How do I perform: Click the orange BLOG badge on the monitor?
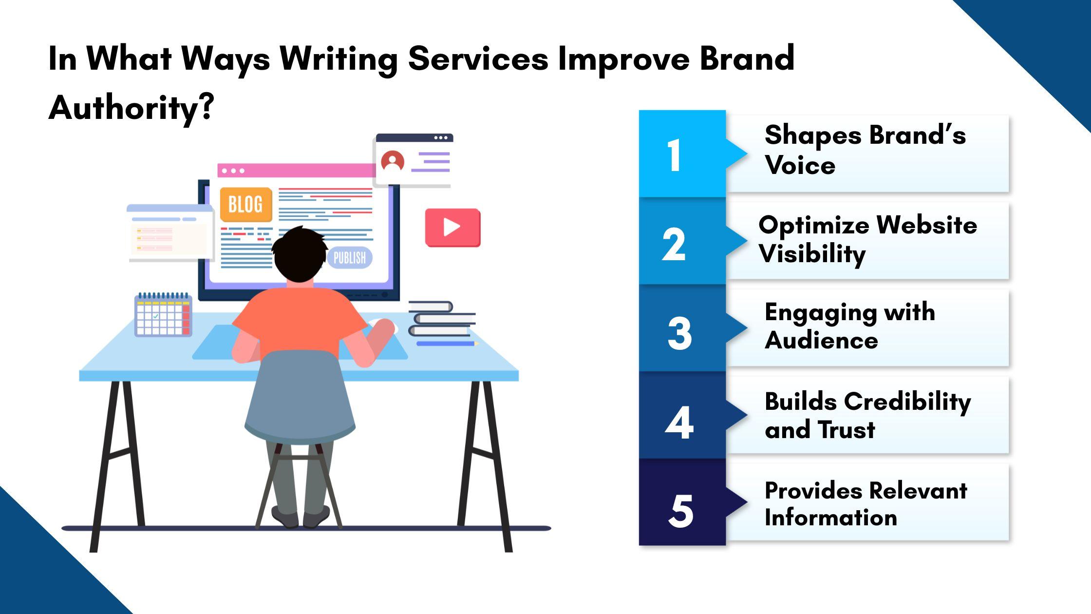pos(246,205)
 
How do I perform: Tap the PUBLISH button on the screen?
pos(350,257)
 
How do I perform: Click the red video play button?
pos(452,228)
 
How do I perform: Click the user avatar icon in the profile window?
pos(393,161)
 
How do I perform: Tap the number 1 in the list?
pos(674,155)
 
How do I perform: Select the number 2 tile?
pos(682,241)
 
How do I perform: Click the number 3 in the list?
pos(679,333)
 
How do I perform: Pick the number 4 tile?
pos(682,416)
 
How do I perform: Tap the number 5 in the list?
pos(680,511)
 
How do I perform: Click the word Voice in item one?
pos(800,165)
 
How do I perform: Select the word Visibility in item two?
pos(812,254)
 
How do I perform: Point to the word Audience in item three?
pos(821,340)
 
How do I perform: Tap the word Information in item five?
pos(831,517)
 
